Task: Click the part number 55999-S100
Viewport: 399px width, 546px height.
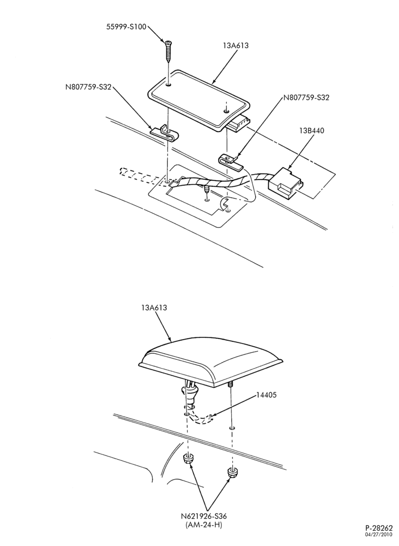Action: (126, 27)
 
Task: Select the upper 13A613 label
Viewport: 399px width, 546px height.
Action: (236, 45)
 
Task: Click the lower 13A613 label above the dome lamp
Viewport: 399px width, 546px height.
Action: (154, 308)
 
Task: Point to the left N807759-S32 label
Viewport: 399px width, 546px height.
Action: (88, 87)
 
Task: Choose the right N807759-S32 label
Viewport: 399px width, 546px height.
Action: (306, 98)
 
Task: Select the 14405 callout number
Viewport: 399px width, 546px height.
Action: (267, 395)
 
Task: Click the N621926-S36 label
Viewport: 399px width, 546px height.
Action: (203, 516)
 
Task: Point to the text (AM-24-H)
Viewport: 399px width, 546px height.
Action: (204, 524)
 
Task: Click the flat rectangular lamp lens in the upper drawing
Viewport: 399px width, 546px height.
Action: (198, 100)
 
